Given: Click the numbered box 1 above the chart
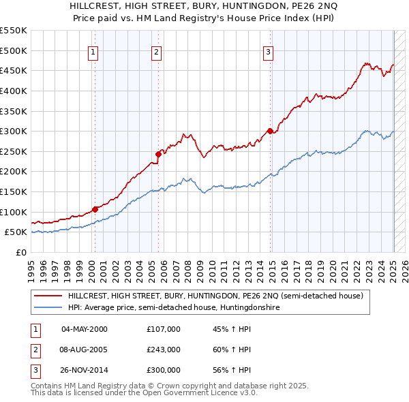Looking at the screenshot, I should click(93, 51).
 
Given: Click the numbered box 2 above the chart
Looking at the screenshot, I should click(156, 51).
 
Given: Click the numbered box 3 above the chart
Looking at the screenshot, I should click(269, 51).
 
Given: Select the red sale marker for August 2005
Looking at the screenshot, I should click(158, 154).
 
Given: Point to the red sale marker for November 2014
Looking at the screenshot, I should click(271, 131).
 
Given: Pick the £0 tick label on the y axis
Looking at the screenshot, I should click(20, 252).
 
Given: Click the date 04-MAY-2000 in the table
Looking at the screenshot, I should click(85, 330).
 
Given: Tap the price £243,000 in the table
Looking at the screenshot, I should click(164, 350).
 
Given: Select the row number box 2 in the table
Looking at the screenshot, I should click(34, 350).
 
